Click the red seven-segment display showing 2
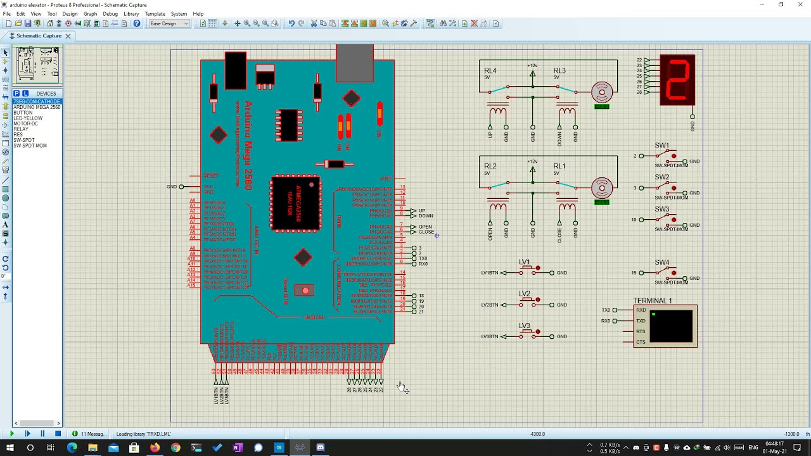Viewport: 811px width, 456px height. coord(677,80)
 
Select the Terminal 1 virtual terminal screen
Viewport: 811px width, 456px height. coord(671,326)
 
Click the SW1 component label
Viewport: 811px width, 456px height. coord(661,146)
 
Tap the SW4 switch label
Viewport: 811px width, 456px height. coord(661,262)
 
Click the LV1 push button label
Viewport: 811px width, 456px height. coord(524,262)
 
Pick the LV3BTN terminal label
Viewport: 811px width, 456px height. coord(490,337)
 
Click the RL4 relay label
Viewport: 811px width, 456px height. coord(490,71)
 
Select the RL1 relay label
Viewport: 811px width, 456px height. coord(559,167)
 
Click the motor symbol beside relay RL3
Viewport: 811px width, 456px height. coord(601,92)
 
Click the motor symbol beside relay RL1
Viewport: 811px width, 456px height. coord(601,187)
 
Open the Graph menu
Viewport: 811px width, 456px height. coord(91,14)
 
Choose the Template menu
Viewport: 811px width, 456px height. coord(155,14)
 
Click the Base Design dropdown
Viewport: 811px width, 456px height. coord(169,23)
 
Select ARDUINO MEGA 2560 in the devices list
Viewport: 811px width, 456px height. coord(37,107)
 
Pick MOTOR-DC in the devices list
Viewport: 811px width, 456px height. coord(25,123)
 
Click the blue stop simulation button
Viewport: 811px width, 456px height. coord(58,434)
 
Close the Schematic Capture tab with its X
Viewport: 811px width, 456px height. coord(68,36)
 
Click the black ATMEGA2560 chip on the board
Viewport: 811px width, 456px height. coord(295,203)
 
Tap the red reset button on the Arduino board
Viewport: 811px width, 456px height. coord(305,291)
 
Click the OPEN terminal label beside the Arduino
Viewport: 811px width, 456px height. coord(425,227)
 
